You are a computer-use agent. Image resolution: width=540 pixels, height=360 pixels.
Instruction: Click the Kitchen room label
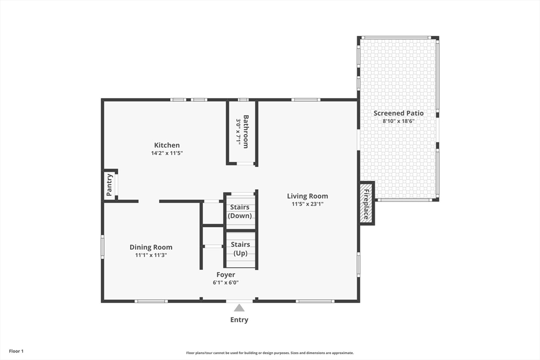pos(167,145)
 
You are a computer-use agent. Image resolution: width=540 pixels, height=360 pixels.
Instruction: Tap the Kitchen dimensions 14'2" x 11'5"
pos(167,153)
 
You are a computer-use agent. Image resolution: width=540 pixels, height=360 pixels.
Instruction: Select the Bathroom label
pos(246,131)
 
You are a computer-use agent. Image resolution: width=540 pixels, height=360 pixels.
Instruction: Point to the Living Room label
pos(307,196)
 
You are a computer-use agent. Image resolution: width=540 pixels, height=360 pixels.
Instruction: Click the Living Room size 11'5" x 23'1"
pos(307,204)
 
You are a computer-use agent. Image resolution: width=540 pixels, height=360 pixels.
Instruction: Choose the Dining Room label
pos(151,247)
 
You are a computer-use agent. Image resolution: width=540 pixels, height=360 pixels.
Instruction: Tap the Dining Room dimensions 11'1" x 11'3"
pos(151,255)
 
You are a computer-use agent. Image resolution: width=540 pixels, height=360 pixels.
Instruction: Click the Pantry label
pos(109,185)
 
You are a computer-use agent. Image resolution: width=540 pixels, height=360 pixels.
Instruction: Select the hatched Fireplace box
pos(366,203)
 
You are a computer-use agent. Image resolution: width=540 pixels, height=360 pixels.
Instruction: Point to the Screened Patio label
pos(399,113)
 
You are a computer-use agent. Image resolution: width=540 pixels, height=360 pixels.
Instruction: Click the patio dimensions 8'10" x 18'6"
pos(399,121)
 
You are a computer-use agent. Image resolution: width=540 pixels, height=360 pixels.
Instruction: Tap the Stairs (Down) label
pos(240,211)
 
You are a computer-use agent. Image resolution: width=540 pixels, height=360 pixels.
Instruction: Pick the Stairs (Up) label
pos(240,249)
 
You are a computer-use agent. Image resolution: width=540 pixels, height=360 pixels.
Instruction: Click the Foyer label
pos(226,275)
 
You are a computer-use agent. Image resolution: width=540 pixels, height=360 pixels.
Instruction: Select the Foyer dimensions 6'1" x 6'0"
pos(226,283)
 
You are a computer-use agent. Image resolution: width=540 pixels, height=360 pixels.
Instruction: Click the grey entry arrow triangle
pos(239,308)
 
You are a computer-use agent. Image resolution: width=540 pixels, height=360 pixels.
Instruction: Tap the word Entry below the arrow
pos(239,320)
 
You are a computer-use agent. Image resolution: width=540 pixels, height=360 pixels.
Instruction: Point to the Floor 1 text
pos(16,352)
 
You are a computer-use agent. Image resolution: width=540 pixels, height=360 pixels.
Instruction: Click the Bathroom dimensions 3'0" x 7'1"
pos(238,131)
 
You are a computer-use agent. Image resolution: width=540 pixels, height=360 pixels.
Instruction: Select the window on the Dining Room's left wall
pos(102,247)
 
